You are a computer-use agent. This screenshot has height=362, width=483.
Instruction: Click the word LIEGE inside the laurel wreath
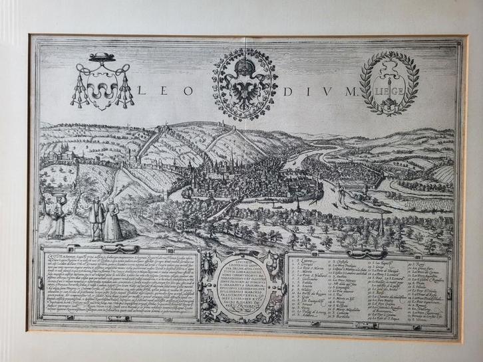(389, 89)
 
